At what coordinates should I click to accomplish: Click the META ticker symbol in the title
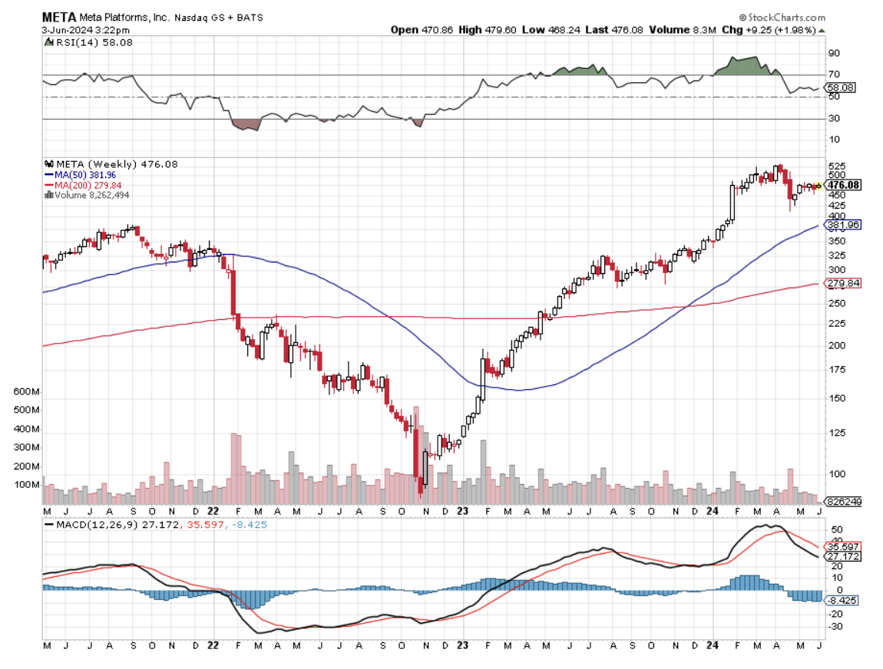point(58,17)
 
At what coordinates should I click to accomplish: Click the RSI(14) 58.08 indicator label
point(84,43)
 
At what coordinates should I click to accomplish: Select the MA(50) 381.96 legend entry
point(84,174)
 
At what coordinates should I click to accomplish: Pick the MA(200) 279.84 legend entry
point(86,185)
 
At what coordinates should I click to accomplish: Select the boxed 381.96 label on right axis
point(842,225)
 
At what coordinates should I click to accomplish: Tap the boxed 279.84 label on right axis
point(842,284)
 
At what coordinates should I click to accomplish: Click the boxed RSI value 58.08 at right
point(839,87)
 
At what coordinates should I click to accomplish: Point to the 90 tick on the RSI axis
point(833,54)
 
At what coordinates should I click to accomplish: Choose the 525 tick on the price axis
point(836,166)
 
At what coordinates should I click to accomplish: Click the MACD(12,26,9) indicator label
point(89,524)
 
